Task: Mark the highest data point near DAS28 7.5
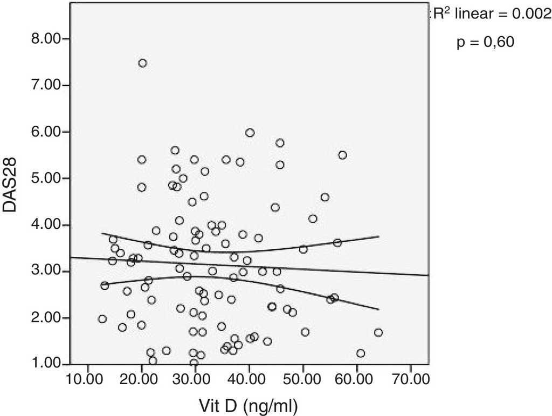pos(142,63)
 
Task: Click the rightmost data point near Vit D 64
pos(378,332)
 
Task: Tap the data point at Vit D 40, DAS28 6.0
pos(250,133)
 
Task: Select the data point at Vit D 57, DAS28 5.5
pos(342,155)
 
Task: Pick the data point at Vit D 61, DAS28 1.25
pos(361,353)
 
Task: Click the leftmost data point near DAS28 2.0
pos(102,319)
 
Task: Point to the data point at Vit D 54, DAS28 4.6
pos(325,197)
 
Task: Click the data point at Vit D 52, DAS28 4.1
pos(313,219)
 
